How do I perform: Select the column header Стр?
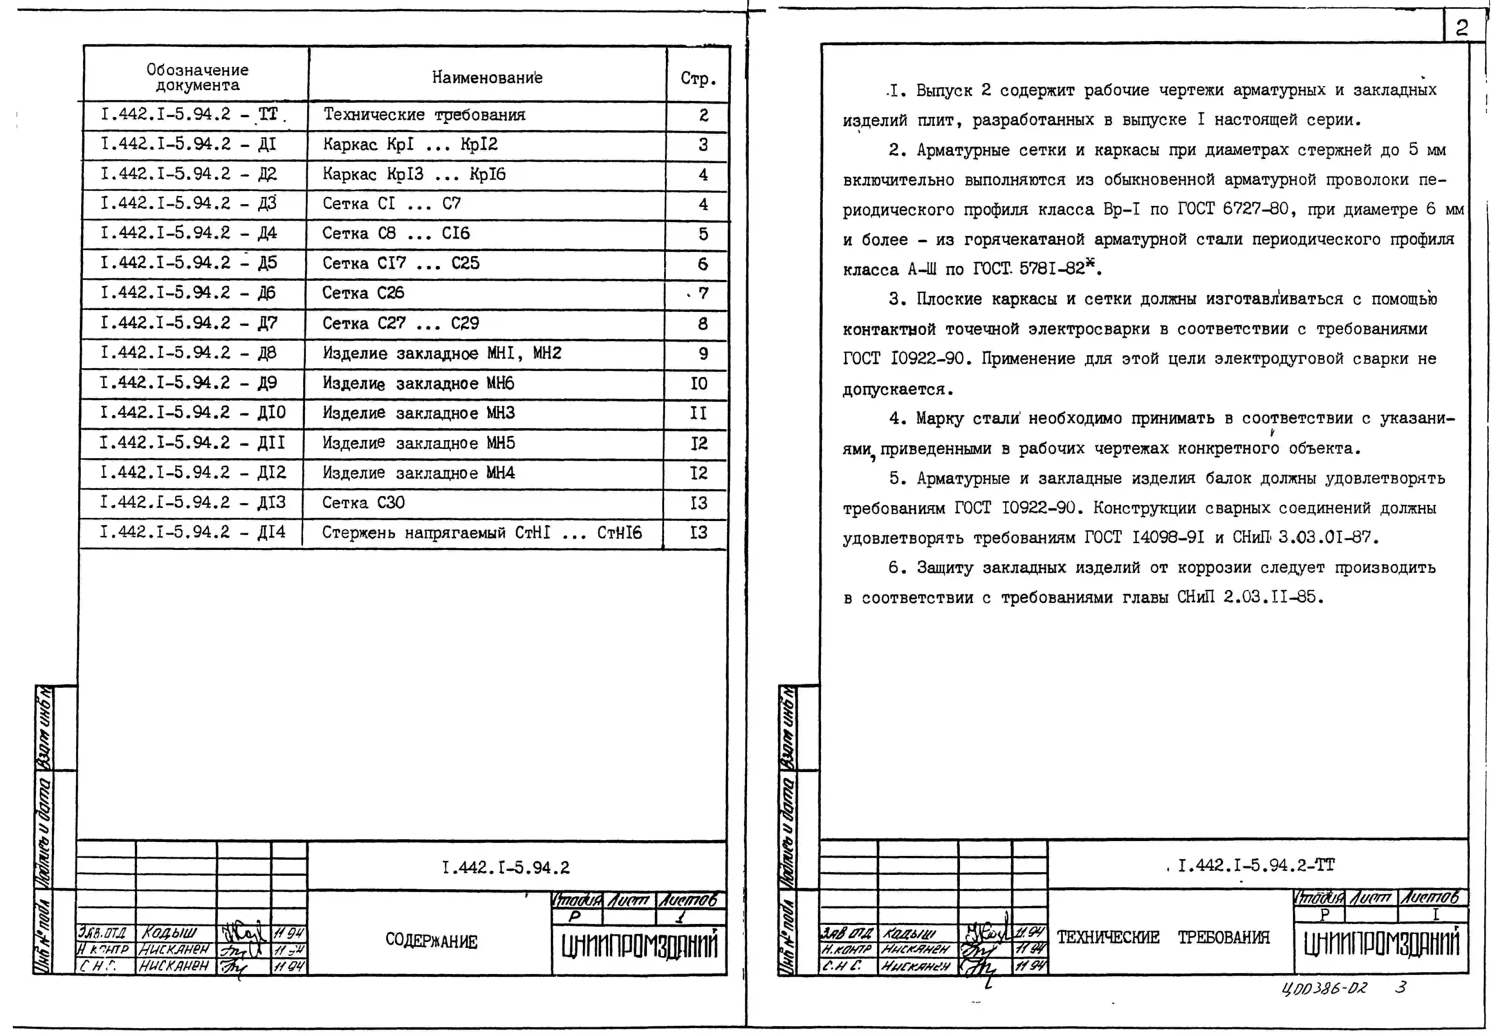[698, 79]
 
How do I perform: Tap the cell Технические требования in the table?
[424, 115]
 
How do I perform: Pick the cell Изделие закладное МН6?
[418, 384]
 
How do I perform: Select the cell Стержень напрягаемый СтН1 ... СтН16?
[481, 533]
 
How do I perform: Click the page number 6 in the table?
[702, 263]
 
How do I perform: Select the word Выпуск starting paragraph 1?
[943, 90]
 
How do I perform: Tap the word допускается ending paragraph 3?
[898, 389]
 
